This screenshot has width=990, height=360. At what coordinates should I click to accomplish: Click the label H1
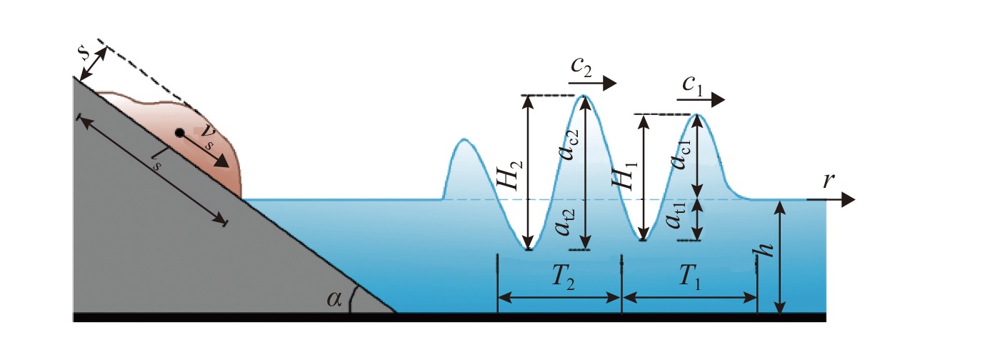point(628,175)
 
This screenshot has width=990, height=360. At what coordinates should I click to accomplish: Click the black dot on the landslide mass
point(180,133)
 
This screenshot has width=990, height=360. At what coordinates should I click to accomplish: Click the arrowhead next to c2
point(609,84)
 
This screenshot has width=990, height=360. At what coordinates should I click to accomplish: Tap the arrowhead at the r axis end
point(849,200)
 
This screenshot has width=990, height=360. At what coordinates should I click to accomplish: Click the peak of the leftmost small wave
point(464,140)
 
